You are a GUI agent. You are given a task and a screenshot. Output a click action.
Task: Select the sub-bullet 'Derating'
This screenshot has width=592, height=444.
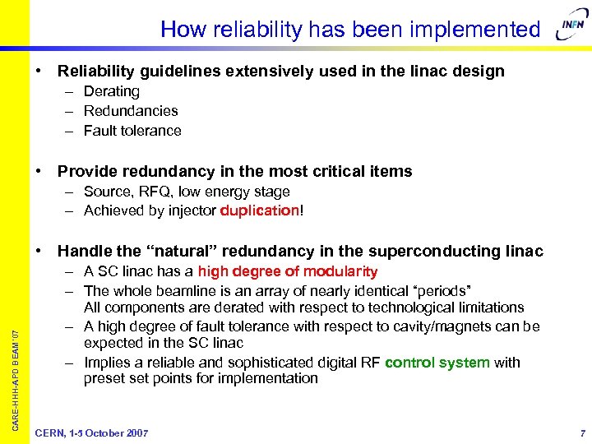pos(111,91)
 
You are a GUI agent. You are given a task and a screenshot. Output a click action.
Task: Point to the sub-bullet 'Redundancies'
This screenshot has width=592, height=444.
pos(131,111)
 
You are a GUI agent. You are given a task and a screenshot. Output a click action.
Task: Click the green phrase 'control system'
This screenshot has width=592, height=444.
pos(439,362)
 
